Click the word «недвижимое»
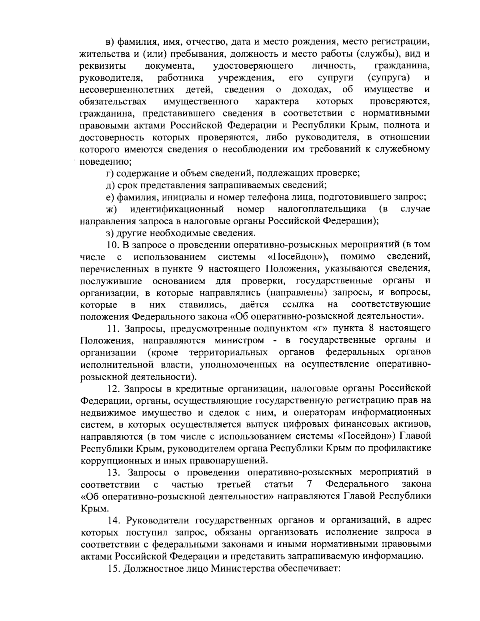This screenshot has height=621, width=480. pyautogui.click(x=105, y=412)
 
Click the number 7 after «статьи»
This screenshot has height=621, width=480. pyautogui.click(x=309, y=484)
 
